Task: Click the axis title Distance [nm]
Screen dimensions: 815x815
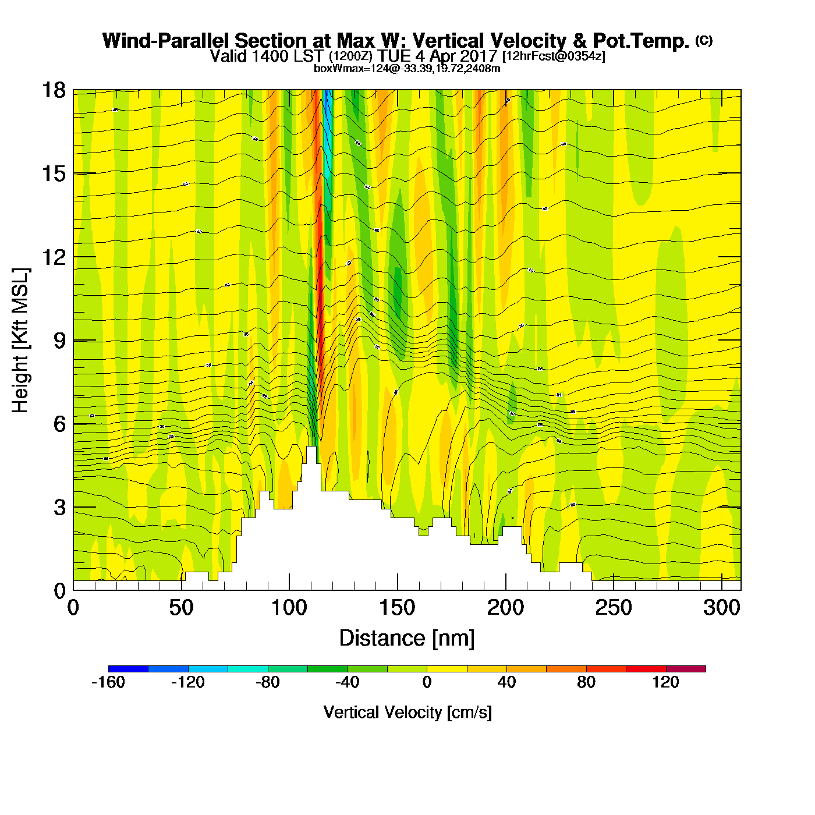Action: (407, 639)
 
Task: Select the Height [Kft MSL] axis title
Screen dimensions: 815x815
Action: (20, 341)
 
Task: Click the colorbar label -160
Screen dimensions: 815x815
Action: (108, 682)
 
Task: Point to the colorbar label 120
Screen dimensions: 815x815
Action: (665, 682)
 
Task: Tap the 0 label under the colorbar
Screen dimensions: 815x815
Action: (427, 682)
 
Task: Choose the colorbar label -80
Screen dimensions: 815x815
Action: (268, 682)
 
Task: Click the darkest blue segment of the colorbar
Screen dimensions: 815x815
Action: (128, 669)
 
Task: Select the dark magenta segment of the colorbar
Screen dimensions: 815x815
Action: (686, 669)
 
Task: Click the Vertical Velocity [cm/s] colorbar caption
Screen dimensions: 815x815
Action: (408, 713)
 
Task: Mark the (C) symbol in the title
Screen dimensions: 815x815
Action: (704, 40)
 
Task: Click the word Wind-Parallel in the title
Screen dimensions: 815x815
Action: (167, 41)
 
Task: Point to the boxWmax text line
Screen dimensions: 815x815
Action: (407, 69)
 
